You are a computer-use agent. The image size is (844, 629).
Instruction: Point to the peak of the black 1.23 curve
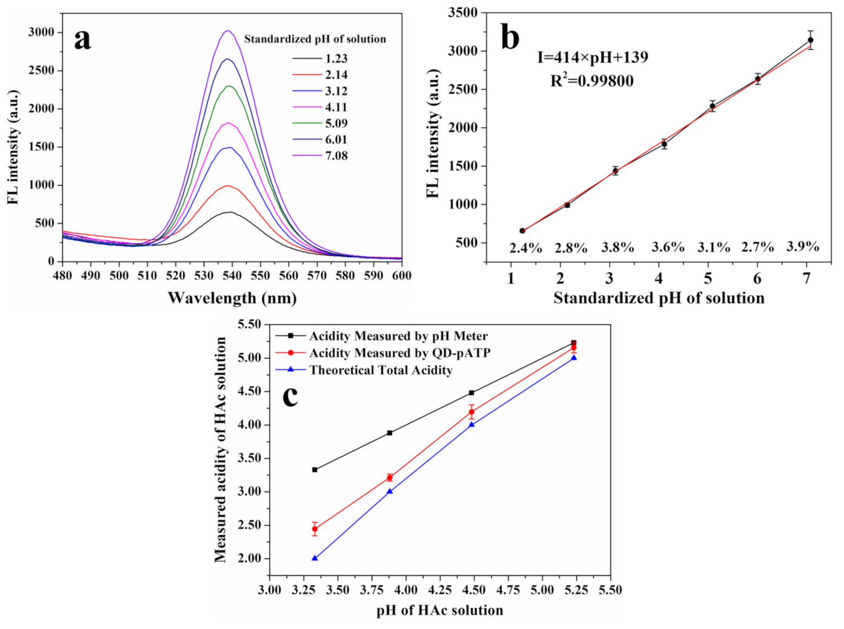[x=229, y=212]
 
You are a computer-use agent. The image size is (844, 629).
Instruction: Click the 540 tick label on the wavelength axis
[x=232, y=275]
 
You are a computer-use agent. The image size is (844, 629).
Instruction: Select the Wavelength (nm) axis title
[x=232, y=298]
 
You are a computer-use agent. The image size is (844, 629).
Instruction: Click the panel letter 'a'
[x=82, y=39]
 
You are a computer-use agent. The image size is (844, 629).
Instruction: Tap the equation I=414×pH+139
[x=593, y=57]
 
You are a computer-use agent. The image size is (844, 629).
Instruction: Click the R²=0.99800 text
[x=592, y=81]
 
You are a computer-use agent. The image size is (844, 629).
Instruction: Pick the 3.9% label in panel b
[x=803, y=247]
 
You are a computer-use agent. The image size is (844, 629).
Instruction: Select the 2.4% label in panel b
[x=525, y=248]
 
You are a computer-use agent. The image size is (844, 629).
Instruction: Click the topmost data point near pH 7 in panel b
[x=810, y=40]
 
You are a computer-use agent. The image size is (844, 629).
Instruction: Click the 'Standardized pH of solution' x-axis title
[x=659, y=298]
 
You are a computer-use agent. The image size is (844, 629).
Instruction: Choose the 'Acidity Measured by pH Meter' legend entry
[x=398, y=336]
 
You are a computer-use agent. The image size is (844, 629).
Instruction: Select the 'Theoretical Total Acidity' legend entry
[x=381, y=370]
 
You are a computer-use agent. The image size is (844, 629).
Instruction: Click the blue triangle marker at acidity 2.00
[x=315, y=558]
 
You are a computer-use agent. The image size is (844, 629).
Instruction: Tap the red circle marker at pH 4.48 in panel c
[x=471, y=412]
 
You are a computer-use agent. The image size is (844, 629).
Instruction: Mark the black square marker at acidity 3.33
[x=315, y=470]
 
